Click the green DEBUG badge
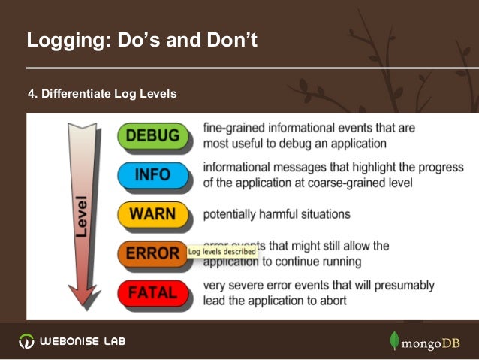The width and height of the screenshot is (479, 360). click(152, 136)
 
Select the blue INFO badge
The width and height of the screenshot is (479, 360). click(152, 176)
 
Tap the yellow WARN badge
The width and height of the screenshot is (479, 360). click(152, 214)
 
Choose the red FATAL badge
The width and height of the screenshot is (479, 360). click(152, 292)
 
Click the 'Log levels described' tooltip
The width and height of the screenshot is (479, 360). click(222, 252)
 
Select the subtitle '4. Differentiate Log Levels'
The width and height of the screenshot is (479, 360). click(102, 94)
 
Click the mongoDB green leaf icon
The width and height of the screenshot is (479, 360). click(394, 340)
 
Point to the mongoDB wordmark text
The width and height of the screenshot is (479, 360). click(433, 343)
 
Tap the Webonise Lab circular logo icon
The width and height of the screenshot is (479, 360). click(26, 341)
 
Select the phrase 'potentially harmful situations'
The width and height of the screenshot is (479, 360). click(276, 214)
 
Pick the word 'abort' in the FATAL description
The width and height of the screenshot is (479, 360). click(331, 301)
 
